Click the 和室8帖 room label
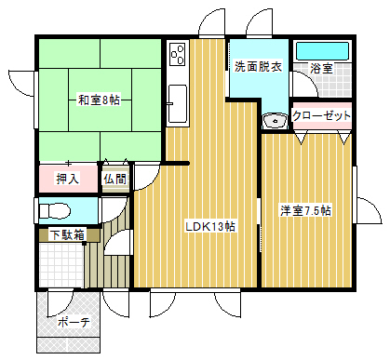tap(99, 100)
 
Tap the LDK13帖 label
tap(210, 226)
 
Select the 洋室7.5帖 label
tap(305, 210)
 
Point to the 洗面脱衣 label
tap(258, 66)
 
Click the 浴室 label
tap(321, 68)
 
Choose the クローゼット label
tap(322, 115)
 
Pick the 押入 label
tap(68, 179)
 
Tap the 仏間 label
tap(115, 179)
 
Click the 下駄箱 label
tap(67, 234)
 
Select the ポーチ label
tap(74, 322)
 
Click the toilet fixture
tap(55, 211)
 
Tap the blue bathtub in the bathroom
tap(322, 51)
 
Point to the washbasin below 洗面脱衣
tap(275, 120)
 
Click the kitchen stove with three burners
tap(178, 55)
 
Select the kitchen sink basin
tap(178, 104)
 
